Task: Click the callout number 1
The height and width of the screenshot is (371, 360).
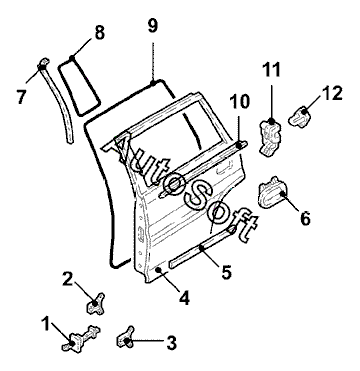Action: click(x=46, y=324)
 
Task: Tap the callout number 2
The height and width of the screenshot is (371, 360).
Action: click(x=68, y=280)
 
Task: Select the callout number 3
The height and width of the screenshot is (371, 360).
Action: click(x=171, y=343)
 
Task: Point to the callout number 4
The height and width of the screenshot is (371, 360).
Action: click(x=184, y=298)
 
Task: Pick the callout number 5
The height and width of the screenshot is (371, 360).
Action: click(x=226, y=272)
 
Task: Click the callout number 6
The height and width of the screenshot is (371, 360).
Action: click(x=305, y=218)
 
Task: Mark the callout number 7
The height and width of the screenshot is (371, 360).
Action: click(x=21, y=97)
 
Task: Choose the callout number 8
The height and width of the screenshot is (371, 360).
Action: click(x=99, y=33)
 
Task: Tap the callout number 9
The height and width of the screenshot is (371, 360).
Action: click(x=153, y=26)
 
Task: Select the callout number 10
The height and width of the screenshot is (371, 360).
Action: click(x=239, y=101)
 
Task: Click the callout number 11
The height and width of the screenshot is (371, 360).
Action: click(x=271, y=70)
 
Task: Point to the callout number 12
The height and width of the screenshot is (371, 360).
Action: click(x=332, y=94)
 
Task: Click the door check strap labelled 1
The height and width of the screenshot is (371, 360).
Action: click(x=81, y=338)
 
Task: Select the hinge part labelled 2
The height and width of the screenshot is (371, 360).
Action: click(x=96, y=304)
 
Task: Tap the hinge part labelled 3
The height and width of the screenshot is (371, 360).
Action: click(x=125, y=337)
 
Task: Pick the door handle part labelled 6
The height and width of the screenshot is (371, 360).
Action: click(x=272, y=193)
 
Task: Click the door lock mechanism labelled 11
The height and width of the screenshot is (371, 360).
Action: click(x=270, y=138)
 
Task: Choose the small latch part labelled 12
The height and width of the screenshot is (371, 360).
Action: click(x=299, y=116)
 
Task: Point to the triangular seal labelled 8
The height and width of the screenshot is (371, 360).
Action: click(x=80, y=86)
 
